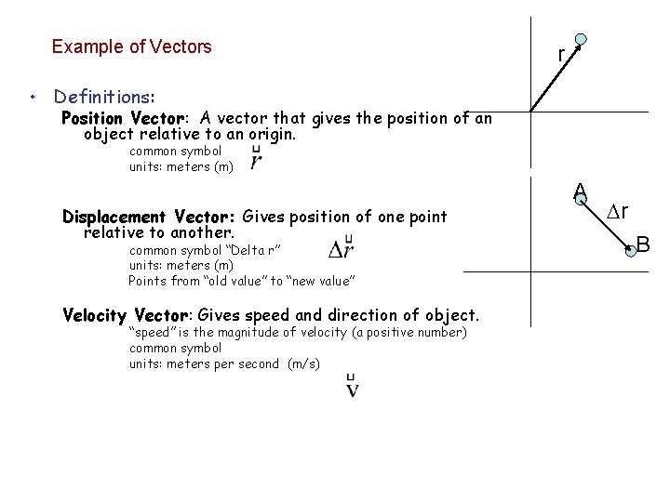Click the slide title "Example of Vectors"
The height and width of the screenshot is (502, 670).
click(131, 46)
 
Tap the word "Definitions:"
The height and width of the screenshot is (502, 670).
click(104, 97)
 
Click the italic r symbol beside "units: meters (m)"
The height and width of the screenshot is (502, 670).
click(256, 161)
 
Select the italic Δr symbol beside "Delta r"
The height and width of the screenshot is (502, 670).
click(341, 249)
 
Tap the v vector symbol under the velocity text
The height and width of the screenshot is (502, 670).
click(353, 386)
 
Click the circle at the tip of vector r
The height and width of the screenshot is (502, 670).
click(581, 40)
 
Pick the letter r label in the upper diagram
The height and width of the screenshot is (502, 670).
click(561, 55)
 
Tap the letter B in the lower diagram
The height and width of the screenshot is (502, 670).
click(643, 246)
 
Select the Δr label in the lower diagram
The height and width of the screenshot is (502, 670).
click(618, 210)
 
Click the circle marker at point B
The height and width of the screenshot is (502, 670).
click(631, 248)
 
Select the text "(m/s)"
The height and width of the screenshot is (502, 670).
click(303, 363)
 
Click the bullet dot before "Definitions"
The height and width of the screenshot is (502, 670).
click(33, 98)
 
